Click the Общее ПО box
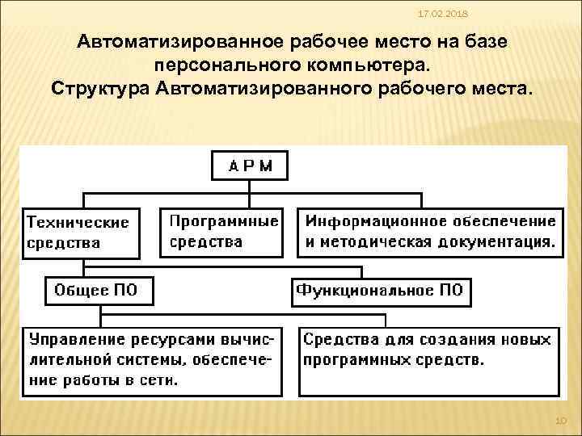(x=96, y=291)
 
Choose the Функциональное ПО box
(x=381, y=291)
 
